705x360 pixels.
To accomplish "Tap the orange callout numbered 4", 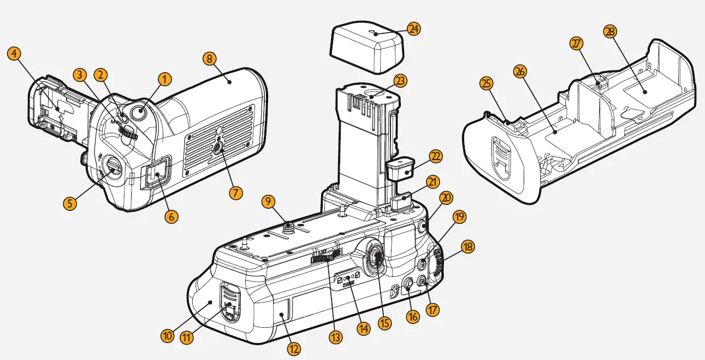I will [x=15, y=54].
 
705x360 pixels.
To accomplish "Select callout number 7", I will [x=236, y=192].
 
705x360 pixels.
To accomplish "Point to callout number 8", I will [x=209, y=58].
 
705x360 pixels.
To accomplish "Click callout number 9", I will [x=269, y=202].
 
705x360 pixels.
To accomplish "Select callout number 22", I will [x=435, y=156].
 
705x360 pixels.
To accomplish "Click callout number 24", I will [x=414, y=29].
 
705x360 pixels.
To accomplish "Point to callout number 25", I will [x=486, y=84].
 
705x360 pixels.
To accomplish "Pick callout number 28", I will [x=610, y=32].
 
